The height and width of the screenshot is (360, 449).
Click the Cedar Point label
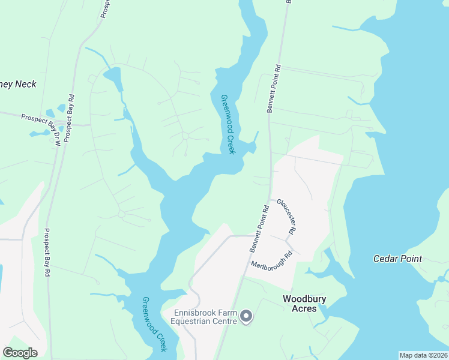397,259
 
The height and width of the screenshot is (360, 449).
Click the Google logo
20,353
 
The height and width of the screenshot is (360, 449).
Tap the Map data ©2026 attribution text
423,355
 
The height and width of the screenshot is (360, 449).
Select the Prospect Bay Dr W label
59,136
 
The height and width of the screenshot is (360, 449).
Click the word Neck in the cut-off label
25,84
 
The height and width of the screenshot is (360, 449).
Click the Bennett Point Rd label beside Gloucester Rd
259,229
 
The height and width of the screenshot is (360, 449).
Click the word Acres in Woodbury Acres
304,308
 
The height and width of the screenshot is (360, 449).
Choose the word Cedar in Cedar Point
386,259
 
